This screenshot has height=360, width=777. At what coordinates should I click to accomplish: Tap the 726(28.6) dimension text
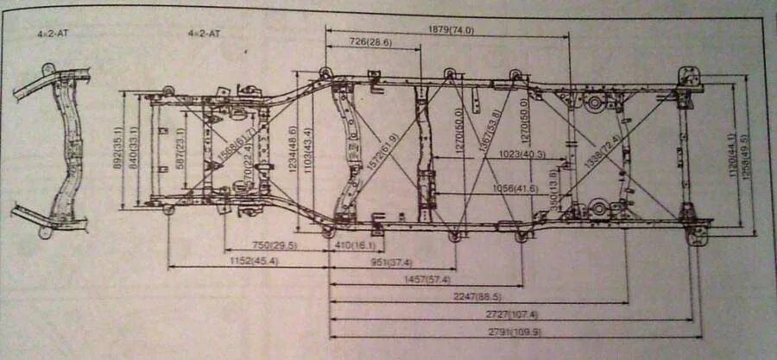370,41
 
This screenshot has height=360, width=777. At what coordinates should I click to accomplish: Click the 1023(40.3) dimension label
521,155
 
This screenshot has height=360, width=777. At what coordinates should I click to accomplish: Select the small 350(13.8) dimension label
553,185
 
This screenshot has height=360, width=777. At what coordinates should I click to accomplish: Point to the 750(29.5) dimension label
274,246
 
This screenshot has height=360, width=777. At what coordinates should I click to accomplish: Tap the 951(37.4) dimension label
391,262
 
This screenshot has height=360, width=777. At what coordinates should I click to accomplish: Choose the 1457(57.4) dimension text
427,279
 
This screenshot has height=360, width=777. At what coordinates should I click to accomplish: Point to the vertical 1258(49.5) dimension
745,154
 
